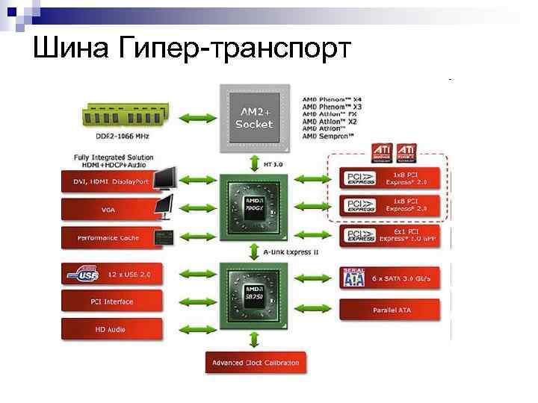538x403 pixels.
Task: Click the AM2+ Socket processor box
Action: [254, 118]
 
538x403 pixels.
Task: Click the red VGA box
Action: [108, 210]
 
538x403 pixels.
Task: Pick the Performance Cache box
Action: [108, 238]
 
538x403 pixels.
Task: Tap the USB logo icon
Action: [83, 274]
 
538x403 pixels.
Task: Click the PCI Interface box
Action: [108, 302]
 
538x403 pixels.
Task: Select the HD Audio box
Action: [108, 329]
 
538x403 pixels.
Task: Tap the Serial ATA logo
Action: [353, 278]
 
